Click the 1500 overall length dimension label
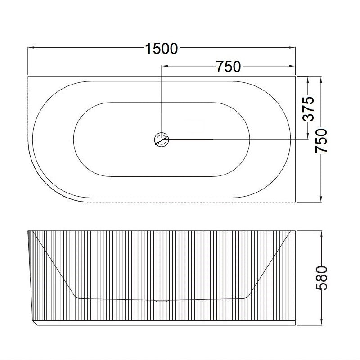pos(162,48)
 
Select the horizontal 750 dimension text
pos(229,67)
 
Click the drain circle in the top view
pos(161,139)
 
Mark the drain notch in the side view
pos(161,300)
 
